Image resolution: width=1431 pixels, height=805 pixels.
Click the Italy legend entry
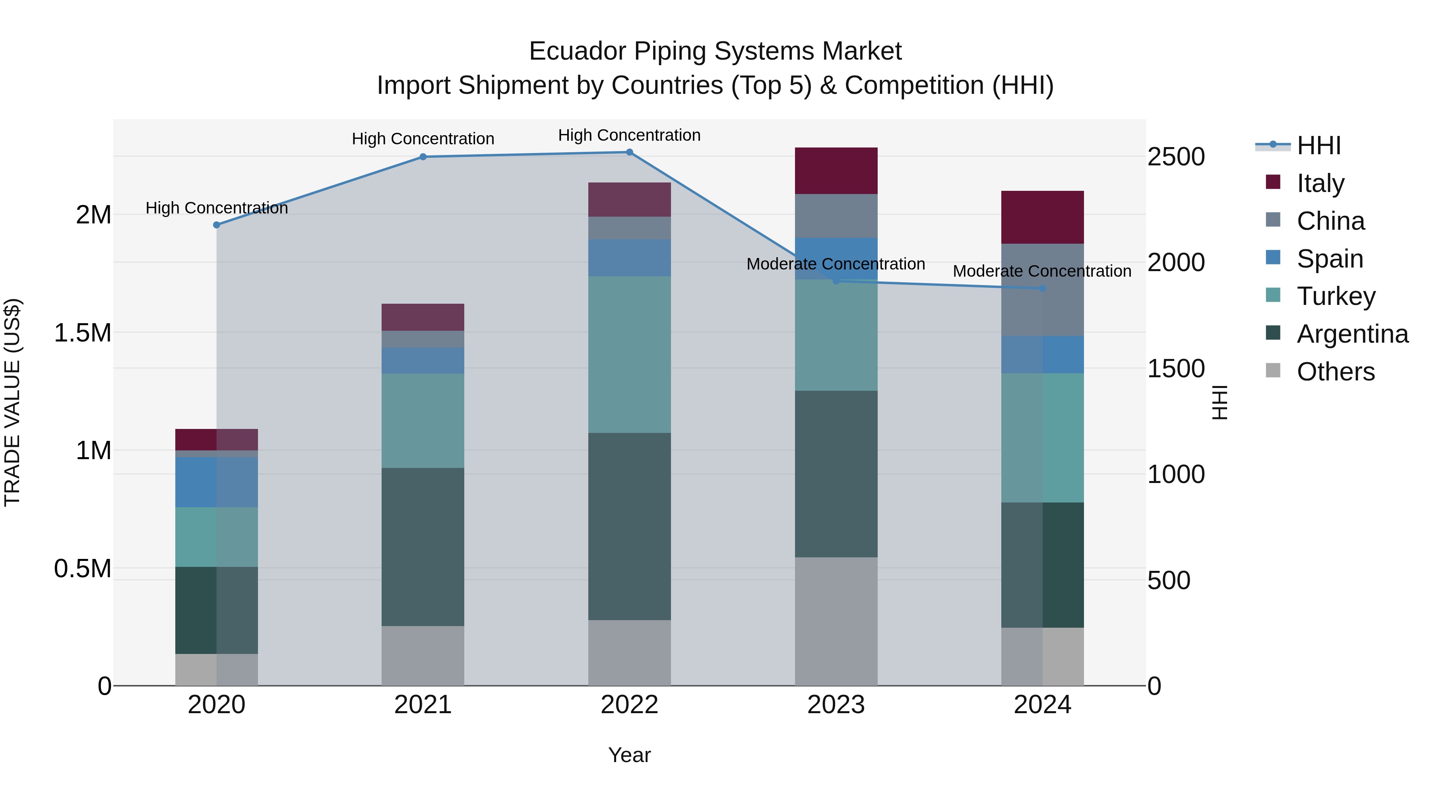pyautogui.click(x=1320, y=183)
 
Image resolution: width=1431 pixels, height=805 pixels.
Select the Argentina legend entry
pyautogui.click(x=1352, y=334)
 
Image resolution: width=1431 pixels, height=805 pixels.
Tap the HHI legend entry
pyautogui.click(x=1318, y=145)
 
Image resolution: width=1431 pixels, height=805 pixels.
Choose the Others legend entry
pyautogui.click(x=1336, y=372)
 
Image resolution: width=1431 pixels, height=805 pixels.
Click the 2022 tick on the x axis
pyautogui.click(x=629, y=705)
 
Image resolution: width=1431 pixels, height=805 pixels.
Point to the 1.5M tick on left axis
pyautogui.click(x=82, y=333)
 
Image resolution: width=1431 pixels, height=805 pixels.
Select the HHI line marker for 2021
pyautogui.click(x=423, y=157)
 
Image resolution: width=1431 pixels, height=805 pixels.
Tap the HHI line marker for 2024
pyautogui.click(x=1042, y=288)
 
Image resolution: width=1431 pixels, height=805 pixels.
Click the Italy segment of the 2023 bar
pyautogui.click(x=836, y=171)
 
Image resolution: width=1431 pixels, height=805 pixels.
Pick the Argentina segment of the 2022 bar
pyautogui.click(x=629, y=526)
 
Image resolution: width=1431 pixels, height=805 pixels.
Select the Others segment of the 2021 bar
pyautogui.click(x=423, y=656)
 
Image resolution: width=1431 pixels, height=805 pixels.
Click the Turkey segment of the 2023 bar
pyautogui.click(x=836, y=335)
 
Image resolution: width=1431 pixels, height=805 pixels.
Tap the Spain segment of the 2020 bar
pyautogui.click(x=216, y=482)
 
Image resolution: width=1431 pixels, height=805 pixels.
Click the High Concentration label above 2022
pyautogui.click(x=629, y=135)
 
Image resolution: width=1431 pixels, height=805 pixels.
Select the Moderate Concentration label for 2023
pyautogui.click(x=836, y=264)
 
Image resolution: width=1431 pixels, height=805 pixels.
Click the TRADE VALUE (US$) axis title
pyautogui.click(x=12, y=402)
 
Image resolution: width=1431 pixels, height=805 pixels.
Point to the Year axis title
pyautogui.click(x=629, y=755)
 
